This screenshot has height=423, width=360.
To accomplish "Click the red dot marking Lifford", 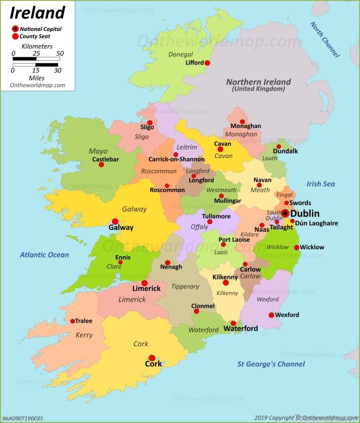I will (207, 63).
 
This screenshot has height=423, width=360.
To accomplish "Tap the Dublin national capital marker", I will (285, 213).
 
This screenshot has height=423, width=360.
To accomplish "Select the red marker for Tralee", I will (73, 321).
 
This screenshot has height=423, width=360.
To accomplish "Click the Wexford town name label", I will (287, 315).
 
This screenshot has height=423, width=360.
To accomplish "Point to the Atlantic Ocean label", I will (45, 255).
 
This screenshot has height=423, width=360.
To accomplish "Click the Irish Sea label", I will (321, 184).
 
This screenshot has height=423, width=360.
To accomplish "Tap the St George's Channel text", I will (271, 364).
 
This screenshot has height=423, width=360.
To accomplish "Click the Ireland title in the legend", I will (38, 12).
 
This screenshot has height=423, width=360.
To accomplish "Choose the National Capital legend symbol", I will (15, 29).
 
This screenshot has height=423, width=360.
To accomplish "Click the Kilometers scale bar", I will (36, 59).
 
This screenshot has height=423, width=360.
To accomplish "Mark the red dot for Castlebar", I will (101, 165).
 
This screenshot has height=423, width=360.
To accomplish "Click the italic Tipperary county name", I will (185, 286).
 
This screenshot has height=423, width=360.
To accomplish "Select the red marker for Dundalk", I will (278, 146).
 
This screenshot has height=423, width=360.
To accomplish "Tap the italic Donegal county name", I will (180, 54).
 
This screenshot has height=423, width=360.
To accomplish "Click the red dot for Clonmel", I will (196, 311).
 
